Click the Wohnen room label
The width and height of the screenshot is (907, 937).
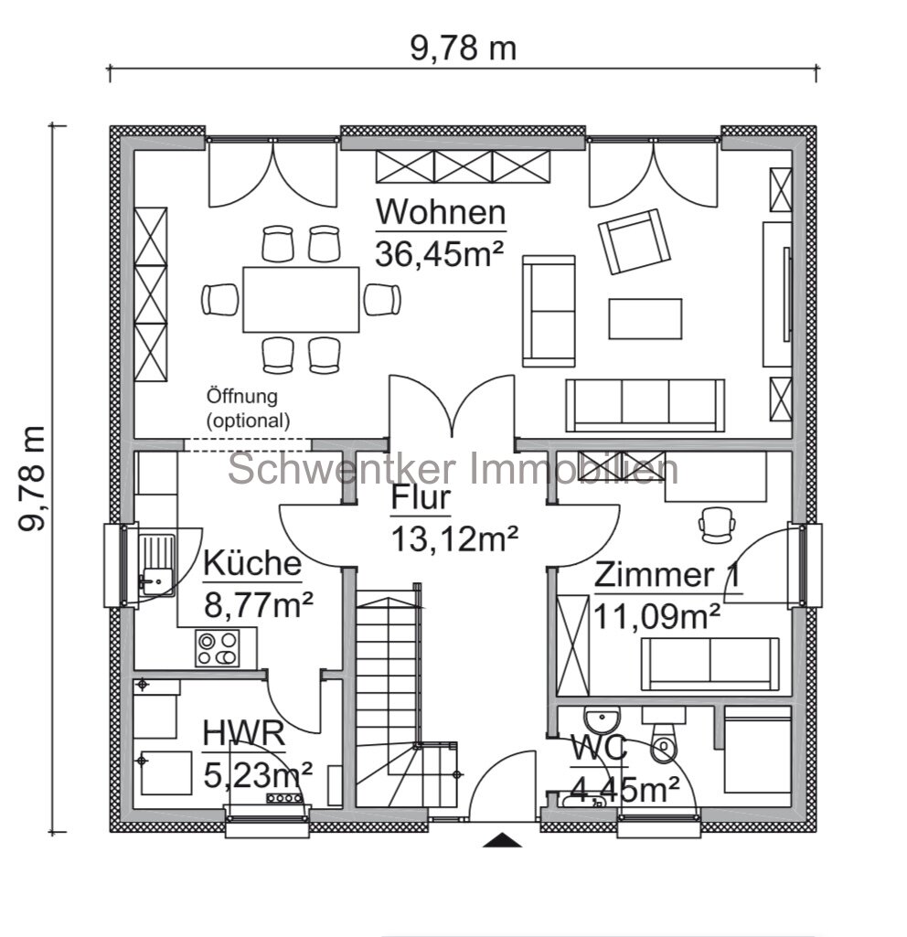(441, 212)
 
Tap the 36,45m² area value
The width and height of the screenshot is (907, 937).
(441, 251)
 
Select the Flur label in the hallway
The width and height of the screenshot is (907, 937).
(421, 499)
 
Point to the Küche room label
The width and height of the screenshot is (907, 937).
(251, 563)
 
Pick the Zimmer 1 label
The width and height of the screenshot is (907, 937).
(667, 576)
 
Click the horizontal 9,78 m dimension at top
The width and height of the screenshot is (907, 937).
(463, 48)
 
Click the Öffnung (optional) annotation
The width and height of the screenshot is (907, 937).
(248, 410)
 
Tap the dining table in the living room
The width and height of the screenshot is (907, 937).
(302, 299)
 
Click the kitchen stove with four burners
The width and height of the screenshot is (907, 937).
(217, 648)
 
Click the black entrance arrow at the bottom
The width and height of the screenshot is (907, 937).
(502, 840)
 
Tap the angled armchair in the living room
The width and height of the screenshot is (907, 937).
(633, 241)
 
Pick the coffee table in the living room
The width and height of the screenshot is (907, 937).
(646, 318)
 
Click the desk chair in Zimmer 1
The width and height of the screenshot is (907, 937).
(715, 522)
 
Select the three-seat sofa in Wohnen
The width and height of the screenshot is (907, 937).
(645, 404)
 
